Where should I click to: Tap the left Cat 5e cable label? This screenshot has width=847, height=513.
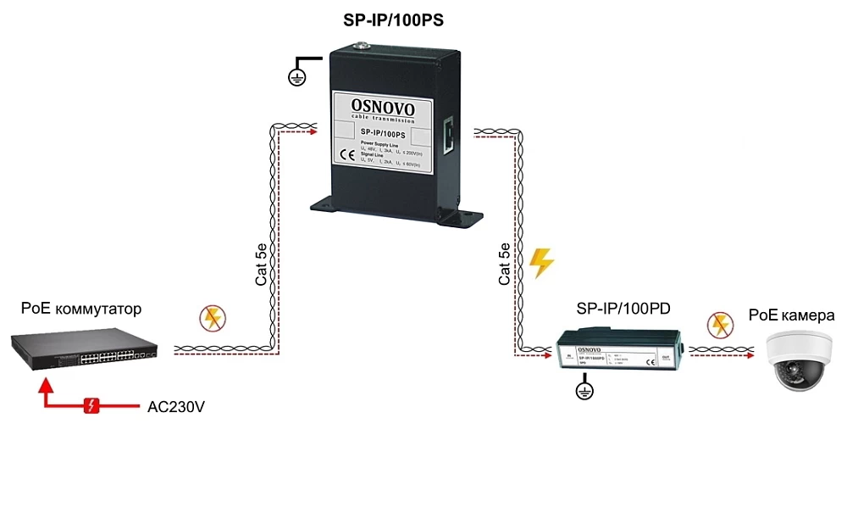point(263,263)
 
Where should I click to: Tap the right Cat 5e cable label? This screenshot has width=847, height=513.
point(505,263)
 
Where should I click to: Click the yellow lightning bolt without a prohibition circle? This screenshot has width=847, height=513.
point(540,264)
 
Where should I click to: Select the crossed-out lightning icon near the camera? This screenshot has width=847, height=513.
point(721,323)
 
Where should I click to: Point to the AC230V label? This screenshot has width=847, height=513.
point(176,407)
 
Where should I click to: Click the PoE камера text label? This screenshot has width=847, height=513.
point(792,315)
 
